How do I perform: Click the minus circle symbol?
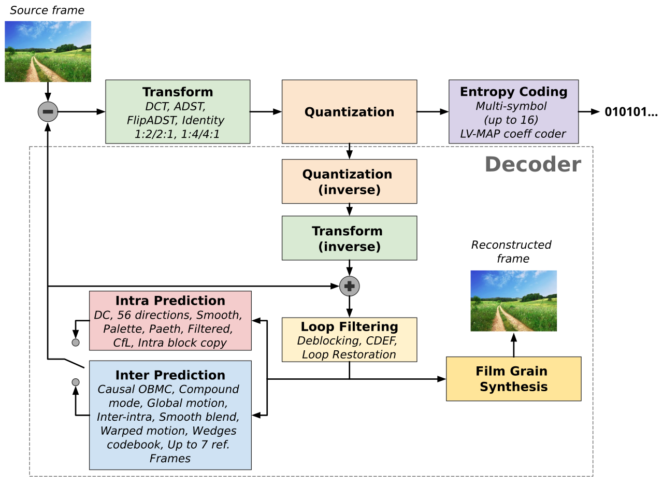click(x=48, y=111)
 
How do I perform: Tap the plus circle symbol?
click(x=350, y=286)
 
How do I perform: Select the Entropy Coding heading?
click(x=513, y=92)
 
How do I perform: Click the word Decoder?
click(x=532, y=164)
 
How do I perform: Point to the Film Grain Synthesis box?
click(x=513, y=379)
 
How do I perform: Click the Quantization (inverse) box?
click(x=349, y=181)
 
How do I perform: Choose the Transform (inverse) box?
click(x=349, y=238)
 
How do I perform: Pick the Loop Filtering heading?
click(x=349, y=326)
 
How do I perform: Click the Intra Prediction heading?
click(x=170, y=301)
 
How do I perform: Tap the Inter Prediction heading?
click(x=170, y=375)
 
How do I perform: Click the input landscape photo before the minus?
click(x=48, y=51)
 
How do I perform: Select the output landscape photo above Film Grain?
click(x=513, y=301)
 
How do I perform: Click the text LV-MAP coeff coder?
click(x=513, y=134)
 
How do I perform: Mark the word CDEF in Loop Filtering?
click(x=382, y=340)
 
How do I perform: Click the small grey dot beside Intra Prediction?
click(x=76, y=343)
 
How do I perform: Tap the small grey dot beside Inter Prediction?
click(x=76, y=382)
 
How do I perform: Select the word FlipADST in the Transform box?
click(x=151, y=120)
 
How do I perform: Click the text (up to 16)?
click(x=510, y=120)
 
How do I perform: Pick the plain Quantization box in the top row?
click(x=349, y=112)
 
